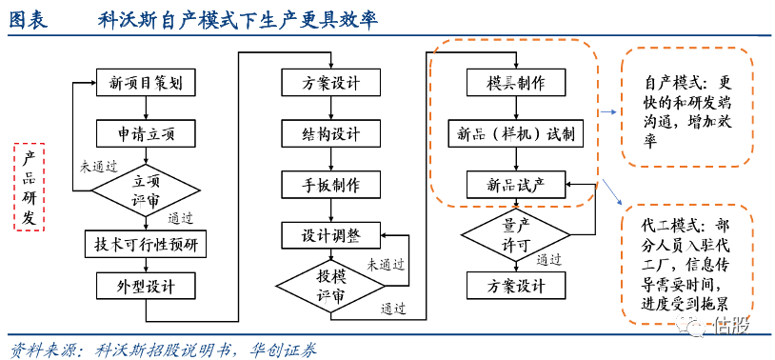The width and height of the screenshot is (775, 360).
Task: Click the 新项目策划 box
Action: pos(147,83)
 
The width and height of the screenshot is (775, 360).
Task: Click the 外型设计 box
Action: pos(147,286)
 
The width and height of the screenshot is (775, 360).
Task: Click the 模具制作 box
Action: pos(516,83)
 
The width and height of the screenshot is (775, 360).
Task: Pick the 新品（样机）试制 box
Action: pos(516,133)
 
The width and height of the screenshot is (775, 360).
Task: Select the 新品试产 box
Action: pos(516,184)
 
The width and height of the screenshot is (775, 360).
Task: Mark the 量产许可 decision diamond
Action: pos(516,234)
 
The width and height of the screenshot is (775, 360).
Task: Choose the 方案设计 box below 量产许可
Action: pos(516,286)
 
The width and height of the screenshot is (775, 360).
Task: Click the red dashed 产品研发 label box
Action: pos(30,188)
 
